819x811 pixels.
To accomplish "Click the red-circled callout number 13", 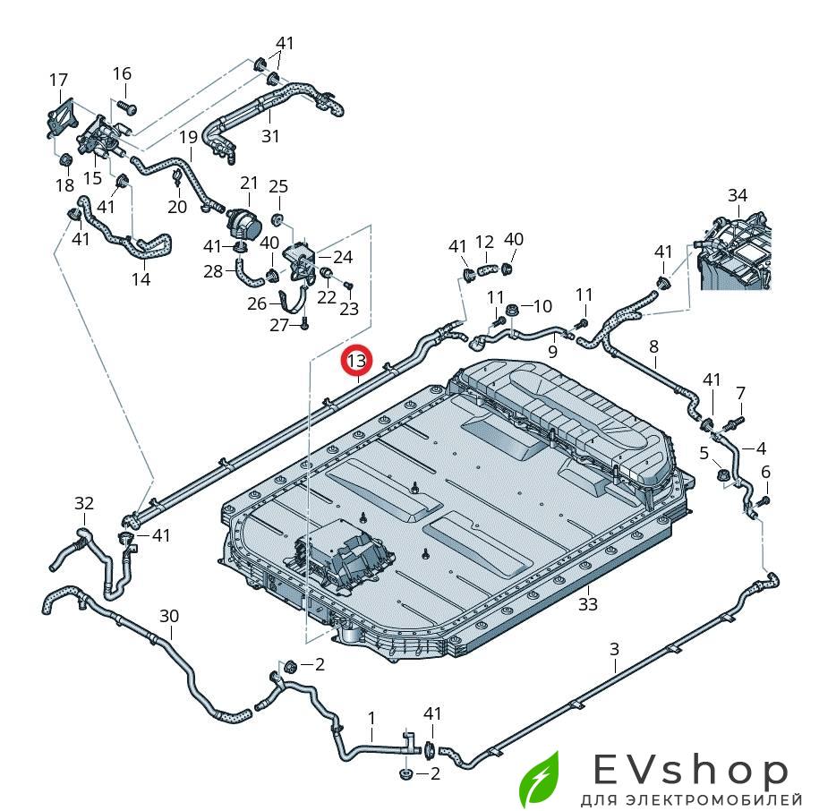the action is pos(357,361).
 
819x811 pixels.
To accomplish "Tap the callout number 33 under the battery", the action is pos(587,604).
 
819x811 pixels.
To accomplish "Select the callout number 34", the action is pos(738,196).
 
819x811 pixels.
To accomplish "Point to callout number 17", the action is pos(58,81).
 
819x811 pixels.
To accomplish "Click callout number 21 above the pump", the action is pos(249,183).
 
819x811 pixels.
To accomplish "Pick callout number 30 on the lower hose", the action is pos(168,616).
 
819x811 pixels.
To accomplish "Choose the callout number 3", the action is pos(615,649).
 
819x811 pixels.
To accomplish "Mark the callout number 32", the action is pos(84,503).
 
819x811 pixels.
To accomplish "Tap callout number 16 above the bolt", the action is pos(122,73).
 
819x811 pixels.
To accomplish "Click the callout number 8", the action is pos(654,346).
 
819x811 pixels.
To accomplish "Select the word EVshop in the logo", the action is pos(690,771).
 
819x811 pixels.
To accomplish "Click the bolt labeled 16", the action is pos(127,107).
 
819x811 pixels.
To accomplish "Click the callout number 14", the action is pos(141,279).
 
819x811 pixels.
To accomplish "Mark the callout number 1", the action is pos(371,719).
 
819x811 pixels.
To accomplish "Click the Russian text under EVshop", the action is pos(691,799).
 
